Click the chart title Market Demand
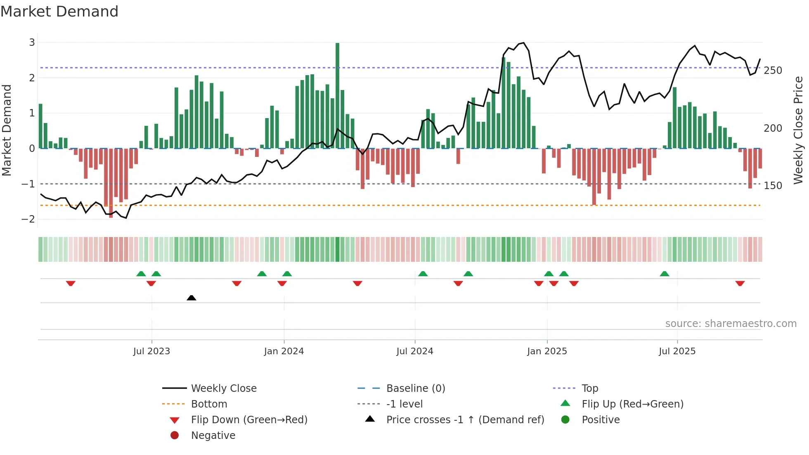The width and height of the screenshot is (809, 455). [x=59, y=12]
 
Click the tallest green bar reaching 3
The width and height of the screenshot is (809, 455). [x=337, y=95]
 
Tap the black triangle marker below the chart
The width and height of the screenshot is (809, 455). [x=191, y=298]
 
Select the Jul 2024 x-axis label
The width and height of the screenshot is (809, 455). [x=414, y=351]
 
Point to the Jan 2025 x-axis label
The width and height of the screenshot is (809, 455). [x=547, y=351]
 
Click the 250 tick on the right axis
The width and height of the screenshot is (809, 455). [x=773, y=71]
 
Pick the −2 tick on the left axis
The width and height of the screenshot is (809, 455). [x=28, y=219]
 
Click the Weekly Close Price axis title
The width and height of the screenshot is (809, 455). [x=798, y=130]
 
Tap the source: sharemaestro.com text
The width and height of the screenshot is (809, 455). [x=731, y=324]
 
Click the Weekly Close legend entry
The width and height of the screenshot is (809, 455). [x=223, y=389]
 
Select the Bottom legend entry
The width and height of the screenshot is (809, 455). [x=209, y=404]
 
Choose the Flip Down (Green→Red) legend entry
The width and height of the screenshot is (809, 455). [x=249, y=420]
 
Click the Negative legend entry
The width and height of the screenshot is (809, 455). [x=213, y=436]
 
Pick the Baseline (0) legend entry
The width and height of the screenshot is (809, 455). [x=415, y=389]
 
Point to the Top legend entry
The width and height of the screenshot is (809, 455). [x=589, y=389]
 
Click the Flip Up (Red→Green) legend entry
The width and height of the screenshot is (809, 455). [x=632, y=404]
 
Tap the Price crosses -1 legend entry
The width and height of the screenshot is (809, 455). [x=465, y=420]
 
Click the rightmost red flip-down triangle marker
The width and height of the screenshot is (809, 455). [x=740, y=283]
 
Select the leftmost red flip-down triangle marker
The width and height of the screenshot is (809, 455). [x=71, y=283]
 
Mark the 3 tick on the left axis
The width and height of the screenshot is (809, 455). [x=32, y=43]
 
